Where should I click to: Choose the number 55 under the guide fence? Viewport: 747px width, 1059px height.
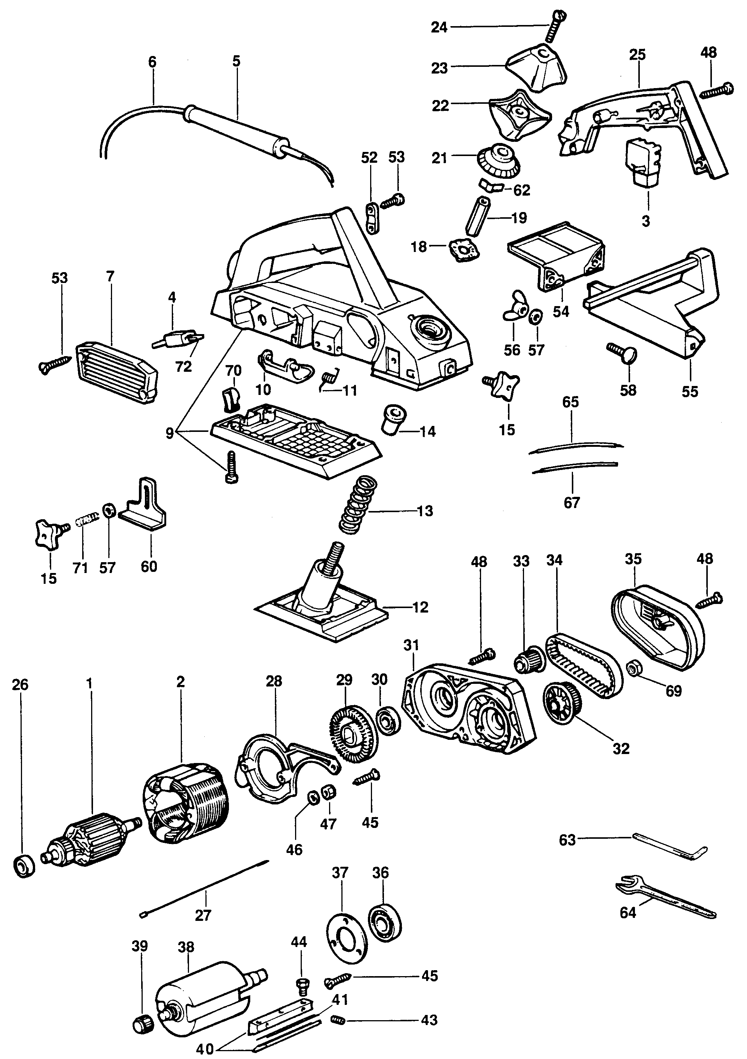[690, 392]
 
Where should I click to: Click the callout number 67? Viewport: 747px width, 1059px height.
[572, 502]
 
